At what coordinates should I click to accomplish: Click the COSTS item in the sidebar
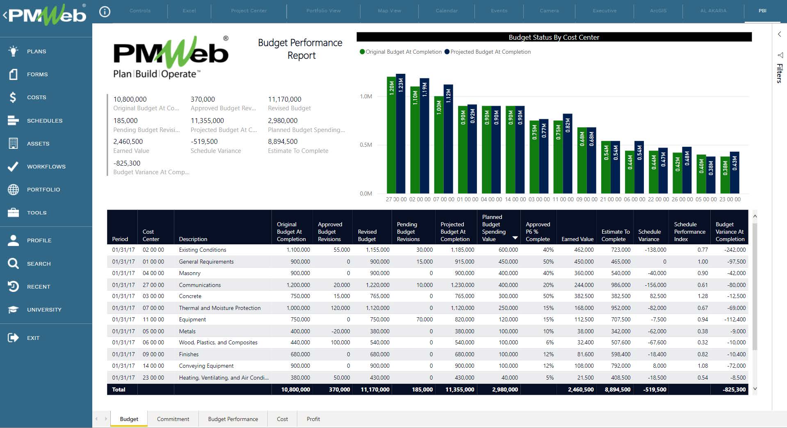(x=36, y=98)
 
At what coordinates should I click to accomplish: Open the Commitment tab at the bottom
(x=173, y=419)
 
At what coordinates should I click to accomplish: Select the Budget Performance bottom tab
(x=233, y=419)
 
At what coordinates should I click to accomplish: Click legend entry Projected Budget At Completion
(x=490, y=52)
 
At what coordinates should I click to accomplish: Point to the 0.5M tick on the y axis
(x=366, y=145)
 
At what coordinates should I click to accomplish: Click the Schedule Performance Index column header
(x=689, y=232)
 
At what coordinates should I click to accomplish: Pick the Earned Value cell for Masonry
(x=584, y=273)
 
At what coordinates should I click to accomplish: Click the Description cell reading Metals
(x=187, y=331)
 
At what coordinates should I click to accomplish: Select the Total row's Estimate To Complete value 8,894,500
(x=617, y=389)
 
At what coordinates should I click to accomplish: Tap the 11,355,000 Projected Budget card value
(x=207, y=121)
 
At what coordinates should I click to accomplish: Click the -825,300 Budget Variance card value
(x=127, y=163)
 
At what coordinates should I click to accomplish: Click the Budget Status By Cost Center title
(x=554, y=37)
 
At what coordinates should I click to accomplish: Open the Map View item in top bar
(x=389, y=11)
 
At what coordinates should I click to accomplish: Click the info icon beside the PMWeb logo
(x=105, y=12)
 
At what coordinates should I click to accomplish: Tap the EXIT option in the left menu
(x=33, y=338)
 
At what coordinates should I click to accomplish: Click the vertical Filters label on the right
(x=779, y=73)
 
